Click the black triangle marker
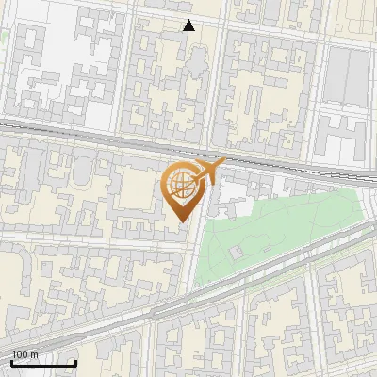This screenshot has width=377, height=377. (188, 25)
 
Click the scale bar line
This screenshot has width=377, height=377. (43, 364)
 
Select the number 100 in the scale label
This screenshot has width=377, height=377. (20, 354)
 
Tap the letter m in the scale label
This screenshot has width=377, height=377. (34, 354)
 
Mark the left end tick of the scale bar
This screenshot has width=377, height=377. (11, 362)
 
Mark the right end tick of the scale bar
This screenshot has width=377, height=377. (75, 362)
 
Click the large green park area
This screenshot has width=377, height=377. (283, 226)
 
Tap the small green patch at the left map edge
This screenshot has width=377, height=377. (3, 37)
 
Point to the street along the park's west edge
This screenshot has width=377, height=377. (199, 245)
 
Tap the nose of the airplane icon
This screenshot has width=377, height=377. (225, 162)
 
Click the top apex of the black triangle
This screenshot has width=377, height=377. (188, 20)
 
